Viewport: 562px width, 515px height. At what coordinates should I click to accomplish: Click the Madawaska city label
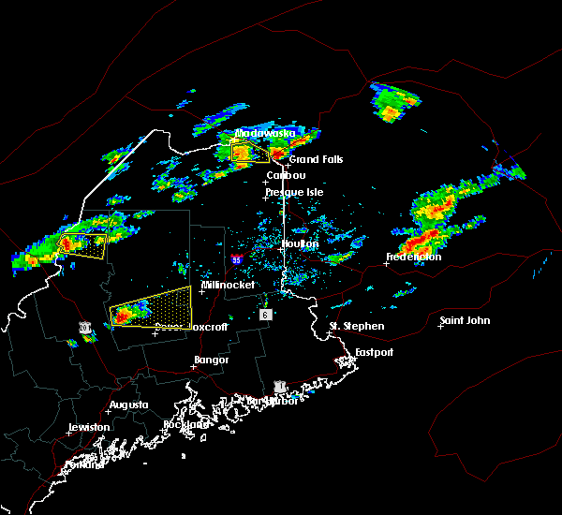click(x=264, y=133)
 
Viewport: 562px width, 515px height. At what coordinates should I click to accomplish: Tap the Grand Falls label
click(x=316, y=159)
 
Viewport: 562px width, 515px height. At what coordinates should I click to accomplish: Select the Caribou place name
click(x=286, y=175)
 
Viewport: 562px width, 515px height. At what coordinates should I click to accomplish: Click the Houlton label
click(x=300, y=243)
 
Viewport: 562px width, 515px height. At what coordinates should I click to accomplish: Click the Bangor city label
click(x=211, y=360)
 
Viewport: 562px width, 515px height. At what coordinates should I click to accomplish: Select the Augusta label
click(x=128, y=405)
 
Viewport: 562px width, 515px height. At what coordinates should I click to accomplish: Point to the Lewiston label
click(x=89, y=427)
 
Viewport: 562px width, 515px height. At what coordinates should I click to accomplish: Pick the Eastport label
click(x=374, y=352)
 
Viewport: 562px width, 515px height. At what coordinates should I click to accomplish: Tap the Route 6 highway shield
click(x=266, y=316)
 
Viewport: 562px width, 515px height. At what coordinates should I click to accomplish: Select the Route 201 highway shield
click(x=85, y=328)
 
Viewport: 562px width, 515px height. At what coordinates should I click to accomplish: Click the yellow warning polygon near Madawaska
click(x=249, y=153)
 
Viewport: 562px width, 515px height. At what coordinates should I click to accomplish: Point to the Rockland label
click(x=185, y=424)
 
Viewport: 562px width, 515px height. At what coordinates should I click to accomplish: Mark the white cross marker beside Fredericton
click(x=386, y=263)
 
